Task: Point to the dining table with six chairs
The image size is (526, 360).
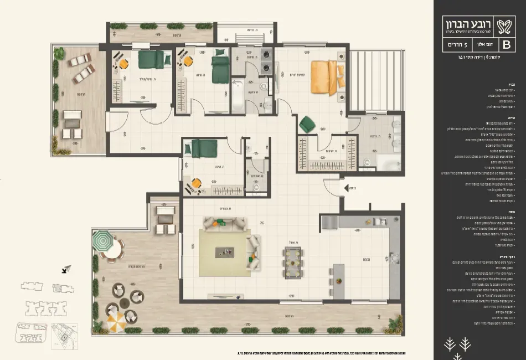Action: [x=293, y=263]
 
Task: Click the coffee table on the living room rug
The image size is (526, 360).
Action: [x=225, y=249]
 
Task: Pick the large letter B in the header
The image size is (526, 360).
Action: [x=506, y=44]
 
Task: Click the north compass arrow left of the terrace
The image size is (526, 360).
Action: [x=66, y=270]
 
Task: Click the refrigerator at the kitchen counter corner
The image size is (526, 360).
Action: [x=328, y=223]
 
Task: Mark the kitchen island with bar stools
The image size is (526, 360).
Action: [x=338, y=281]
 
